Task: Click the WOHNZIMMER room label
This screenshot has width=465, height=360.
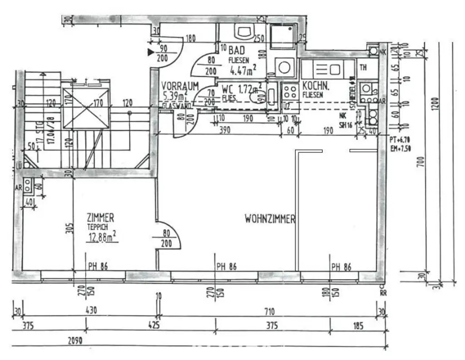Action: pyautogui.click(x=270, y=219)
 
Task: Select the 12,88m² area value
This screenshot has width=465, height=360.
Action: pyautogui.click(x=102, y=236)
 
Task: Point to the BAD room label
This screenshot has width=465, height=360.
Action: pyautogui.click(x=237, y=50)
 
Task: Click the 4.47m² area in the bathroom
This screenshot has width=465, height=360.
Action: pyautogui.click(x=243, y=70)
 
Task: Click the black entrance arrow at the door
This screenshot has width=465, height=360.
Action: pyautogui.click(x=151, y=52)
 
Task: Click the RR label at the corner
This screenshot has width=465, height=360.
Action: pyautogui.click(x=383, y=294)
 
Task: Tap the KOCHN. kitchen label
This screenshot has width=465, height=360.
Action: pyautogui.click(x=312, y=86)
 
